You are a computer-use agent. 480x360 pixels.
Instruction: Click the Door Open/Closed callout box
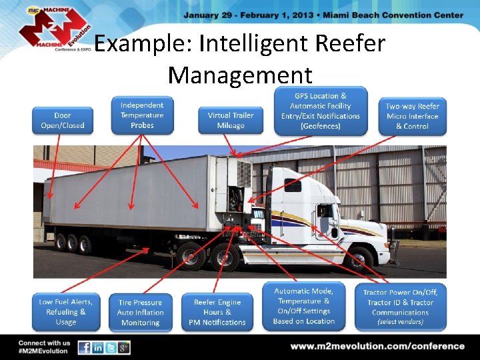(x=62, y=120)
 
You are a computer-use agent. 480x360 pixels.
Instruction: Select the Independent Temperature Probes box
(x=142, y=115)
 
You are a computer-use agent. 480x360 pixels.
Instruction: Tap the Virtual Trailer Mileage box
(x=231, y=120)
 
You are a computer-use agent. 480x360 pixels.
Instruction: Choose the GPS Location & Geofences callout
(x=320, y=111)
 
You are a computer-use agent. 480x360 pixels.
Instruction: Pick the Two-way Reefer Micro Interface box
(x=412, y=115)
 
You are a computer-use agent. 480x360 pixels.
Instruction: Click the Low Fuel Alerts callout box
(x=66, y=312)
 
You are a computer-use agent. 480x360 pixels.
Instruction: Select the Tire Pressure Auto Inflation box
(x=141, y=313)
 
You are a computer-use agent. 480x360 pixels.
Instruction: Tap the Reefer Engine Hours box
(x=217, y=312)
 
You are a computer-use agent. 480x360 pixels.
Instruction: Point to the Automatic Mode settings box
(x=304, y=306)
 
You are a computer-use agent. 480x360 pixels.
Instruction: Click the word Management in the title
(x=240, y=74)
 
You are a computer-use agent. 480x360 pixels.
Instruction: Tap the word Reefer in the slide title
(x=350, y=44)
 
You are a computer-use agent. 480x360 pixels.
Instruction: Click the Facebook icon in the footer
(x=85, y=347)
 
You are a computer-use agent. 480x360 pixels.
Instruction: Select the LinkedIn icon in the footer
(x=98, y=347)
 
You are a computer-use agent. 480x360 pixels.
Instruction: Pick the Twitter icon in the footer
(x=111, y=347)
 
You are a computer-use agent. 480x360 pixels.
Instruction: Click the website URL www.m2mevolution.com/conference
(x=377, y=346)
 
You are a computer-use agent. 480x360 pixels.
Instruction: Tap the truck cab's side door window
(x=325, y=212)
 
